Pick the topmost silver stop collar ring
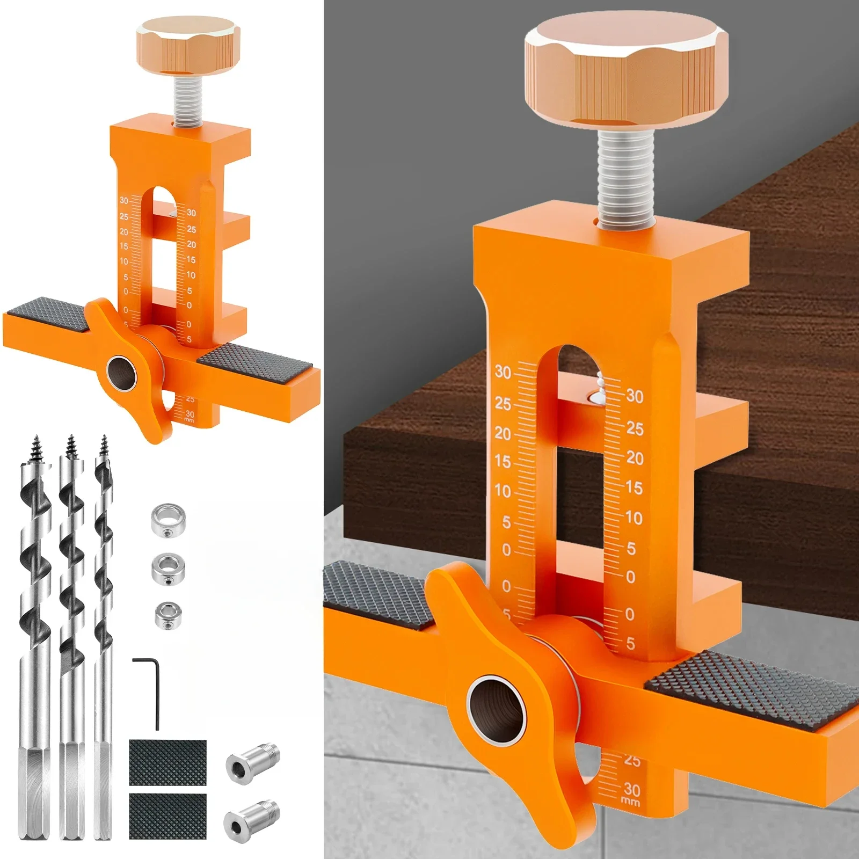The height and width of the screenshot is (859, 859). coord(168,520)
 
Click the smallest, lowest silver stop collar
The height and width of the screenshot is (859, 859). coord(168,616)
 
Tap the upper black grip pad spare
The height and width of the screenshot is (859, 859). coord(168,762)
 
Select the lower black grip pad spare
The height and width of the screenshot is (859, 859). coord(168,816)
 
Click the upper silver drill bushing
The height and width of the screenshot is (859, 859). coord(251,762)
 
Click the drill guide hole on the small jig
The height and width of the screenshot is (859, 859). coord(122,372)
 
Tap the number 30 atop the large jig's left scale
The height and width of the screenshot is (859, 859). coord(503,372)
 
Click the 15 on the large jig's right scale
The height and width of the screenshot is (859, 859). coord(634,488)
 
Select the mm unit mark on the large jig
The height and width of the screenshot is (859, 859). coord(630,802)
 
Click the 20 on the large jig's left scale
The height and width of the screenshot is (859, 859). coord(503,433)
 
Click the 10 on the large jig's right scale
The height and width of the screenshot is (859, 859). coord(634,518)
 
